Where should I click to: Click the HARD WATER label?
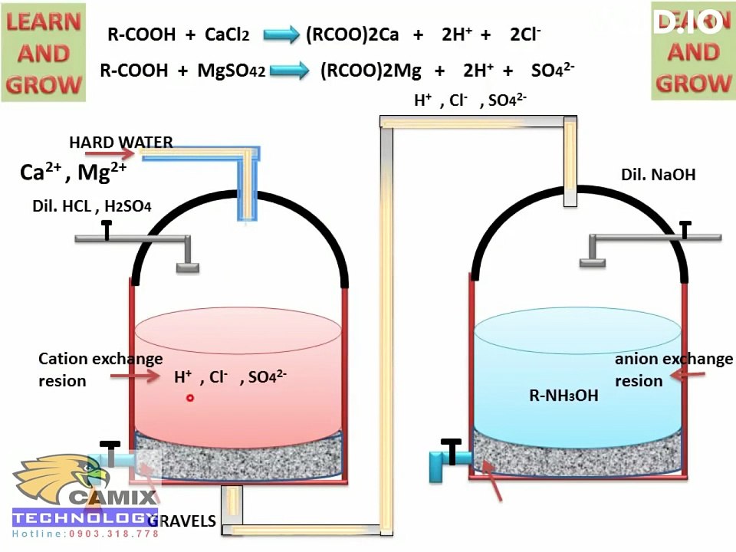point(121,143)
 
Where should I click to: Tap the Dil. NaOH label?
point(658,175)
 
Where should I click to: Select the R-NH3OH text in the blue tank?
point(563,396)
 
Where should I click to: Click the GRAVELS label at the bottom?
point(182,521)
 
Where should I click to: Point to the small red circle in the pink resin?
point(189,397)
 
